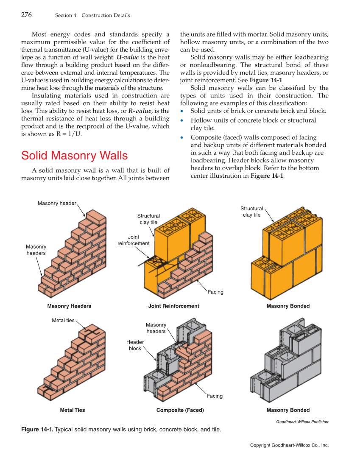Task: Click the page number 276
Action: pos(26,15)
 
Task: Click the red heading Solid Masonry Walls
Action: pos(74,156)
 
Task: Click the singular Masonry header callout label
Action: pos(57,203)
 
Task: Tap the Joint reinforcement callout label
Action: pos(134,240)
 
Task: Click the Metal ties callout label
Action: pos(63,320)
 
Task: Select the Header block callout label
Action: pos(135,345)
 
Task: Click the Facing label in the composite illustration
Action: pos(215,396)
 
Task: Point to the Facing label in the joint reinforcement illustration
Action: pos(215,292)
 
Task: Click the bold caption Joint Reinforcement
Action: pos(173,306)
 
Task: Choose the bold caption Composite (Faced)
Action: pos(180,410)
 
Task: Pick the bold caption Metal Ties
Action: pos(73,410)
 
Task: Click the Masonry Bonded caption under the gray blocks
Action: pos(288,410)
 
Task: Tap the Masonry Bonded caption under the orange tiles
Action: pos(288,306)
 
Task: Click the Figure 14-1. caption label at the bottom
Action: pos(37,429)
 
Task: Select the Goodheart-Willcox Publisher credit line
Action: pos(302,422)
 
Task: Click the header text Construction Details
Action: pos(106,15)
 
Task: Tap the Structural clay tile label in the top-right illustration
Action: pos(252,212)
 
